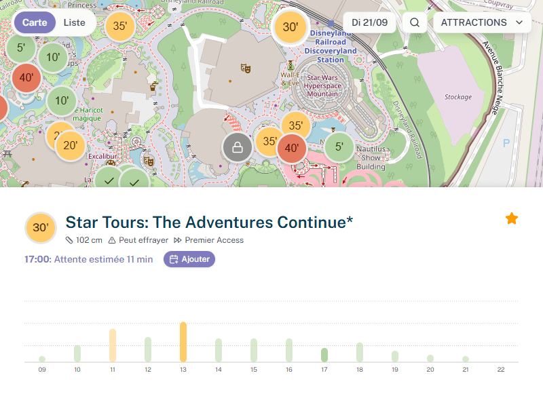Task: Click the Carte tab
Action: [x=35, y=22]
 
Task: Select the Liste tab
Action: [x=75, y=22]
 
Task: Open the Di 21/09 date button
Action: [x=370, y=22]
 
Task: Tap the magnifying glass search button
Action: [x=415, y=22]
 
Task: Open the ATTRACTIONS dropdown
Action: [x=482, y=22]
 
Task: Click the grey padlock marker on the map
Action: [x=238, y=147]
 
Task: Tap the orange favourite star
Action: [x=512, y=218]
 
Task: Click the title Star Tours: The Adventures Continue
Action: [x=209, y=222]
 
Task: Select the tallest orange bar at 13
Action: [x=183, y=342]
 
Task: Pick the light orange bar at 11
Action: [x=113, y=345]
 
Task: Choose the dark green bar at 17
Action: [x=324, y=355]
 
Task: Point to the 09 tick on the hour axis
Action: [x=42, y=370]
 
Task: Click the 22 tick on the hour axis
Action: [x=501, y=370]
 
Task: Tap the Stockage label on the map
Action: [x=458, y=97]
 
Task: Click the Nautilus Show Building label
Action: [x=371, y=157]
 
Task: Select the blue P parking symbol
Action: [x=506, y=143]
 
